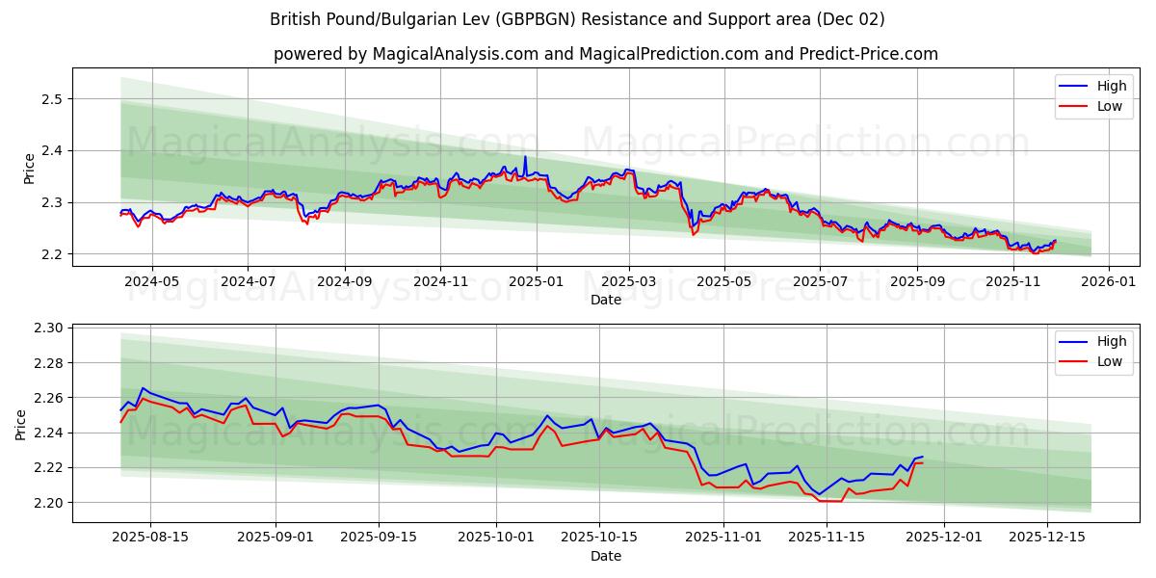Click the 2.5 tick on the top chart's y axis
[x=52, y=99]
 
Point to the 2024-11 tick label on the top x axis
[x=440, y=282]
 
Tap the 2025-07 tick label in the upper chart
[x=820, y=282]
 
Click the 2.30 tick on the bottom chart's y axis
[x=48, y=328]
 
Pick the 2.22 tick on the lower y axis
[x=48, y=468]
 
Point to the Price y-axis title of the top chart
[x=29, y=168]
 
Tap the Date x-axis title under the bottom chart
[x=606, y=556]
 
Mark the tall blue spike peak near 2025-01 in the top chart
[x=525, y=156]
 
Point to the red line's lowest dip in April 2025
[x=692, y=235]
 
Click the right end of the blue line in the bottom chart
[x=922, y=457]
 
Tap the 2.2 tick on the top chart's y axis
[x=52, y=254]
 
